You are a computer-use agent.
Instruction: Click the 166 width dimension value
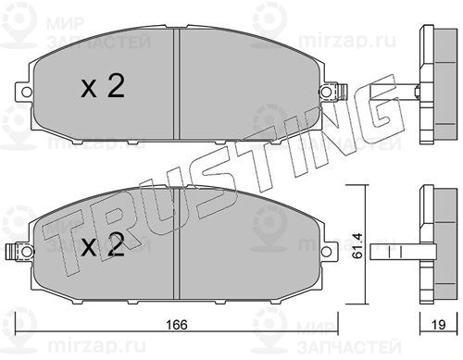[177, 324]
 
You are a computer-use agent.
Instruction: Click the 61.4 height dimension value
[358, 245]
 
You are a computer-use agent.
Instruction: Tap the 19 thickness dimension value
[439, 324]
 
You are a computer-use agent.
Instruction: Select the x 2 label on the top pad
[103, 86]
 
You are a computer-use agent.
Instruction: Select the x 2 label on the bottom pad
[103, 244]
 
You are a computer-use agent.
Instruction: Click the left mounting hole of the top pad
[27, 92]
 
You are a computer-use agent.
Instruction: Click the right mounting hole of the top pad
[325, 92]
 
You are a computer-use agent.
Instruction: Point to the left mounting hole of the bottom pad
[27, 252]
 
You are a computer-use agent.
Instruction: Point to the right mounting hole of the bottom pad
[326, 252]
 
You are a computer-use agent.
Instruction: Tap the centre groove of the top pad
[177, 84]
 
